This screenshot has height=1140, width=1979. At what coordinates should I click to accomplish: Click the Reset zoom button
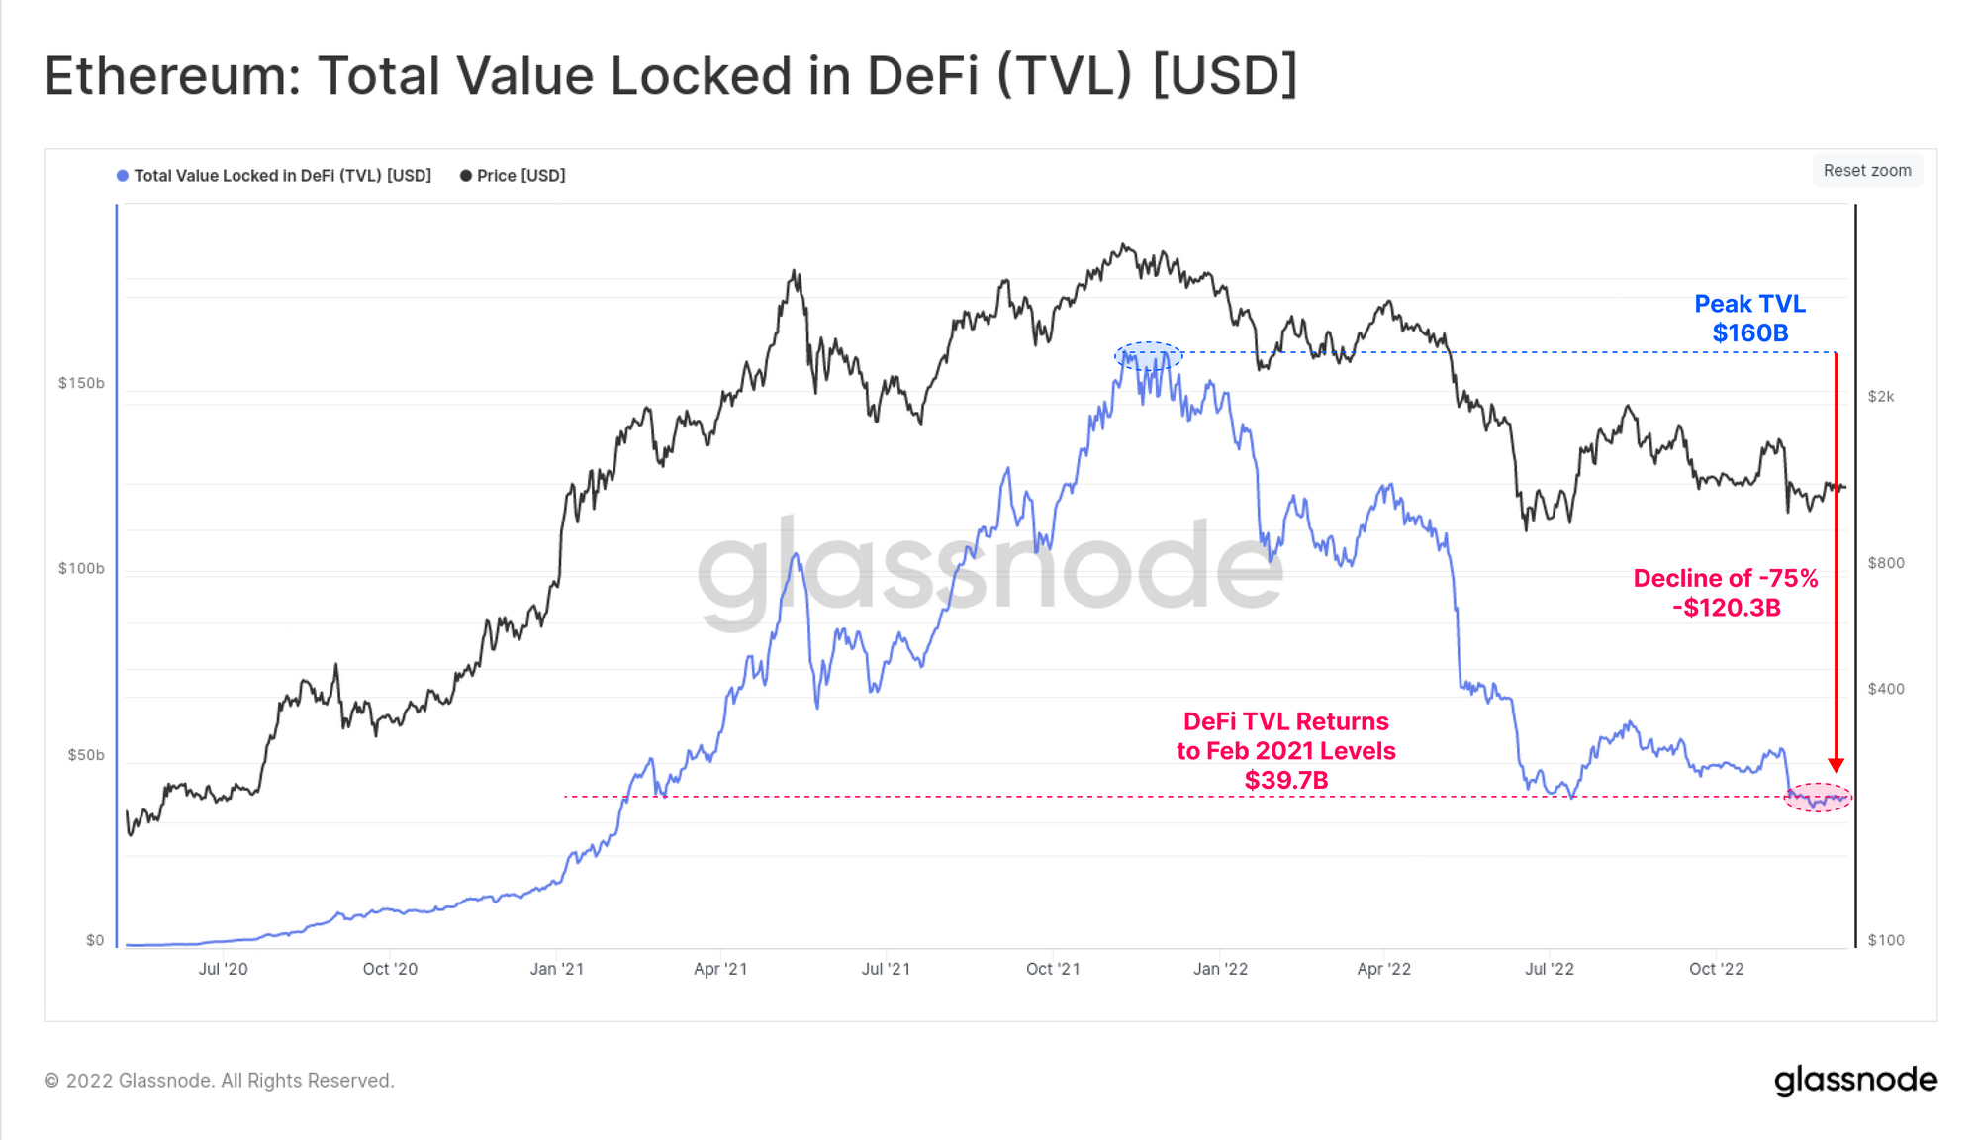pyautogui.click(x=1867, y=171)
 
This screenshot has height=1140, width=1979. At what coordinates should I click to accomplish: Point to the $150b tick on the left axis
pyautogui.click(x=81, y=383)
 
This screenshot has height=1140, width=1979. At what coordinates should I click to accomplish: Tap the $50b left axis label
pyautogui.click(x=85, y=755)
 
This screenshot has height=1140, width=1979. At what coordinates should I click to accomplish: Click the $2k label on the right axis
pyautogui.click(x=1881, y=397)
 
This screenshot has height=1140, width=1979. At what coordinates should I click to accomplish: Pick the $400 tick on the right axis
pyautogui.click(x=1886, y=689)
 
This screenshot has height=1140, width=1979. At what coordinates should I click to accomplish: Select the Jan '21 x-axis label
pyautogui.click(x=557, y=969)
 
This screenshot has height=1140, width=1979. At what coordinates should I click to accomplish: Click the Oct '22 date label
pyautogui.click(x=1716, y=969)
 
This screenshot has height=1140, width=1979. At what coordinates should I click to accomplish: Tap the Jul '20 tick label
pyautogui.click(x=223, y=969)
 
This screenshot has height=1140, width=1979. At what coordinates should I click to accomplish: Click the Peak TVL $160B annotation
pyautogui.click(x=1749, y=319)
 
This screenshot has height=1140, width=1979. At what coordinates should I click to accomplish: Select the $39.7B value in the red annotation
pyautogui.click(x=1286, y=781)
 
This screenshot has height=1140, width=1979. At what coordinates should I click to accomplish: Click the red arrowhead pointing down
pyautogui.click(x=1836, y=765)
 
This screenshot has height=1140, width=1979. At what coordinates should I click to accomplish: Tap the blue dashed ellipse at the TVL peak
pyautogui.click(x=1148, y=355)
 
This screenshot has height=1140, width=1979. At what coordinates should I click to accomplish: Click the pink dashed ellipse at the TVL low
pyautogui.click(x=1818, y=797)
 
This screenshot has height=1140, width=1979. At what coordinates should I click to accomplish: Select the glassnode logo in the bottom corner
pyautogui.click(x=1855, y=1080)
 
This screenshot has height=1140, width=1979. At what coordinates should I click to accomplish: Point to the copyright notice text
pyautogui.click(x=219, y=1081)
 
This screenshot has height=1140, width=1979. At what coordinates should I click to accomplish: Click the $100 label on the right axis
pyautogui.click(x=1886, y=940)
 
